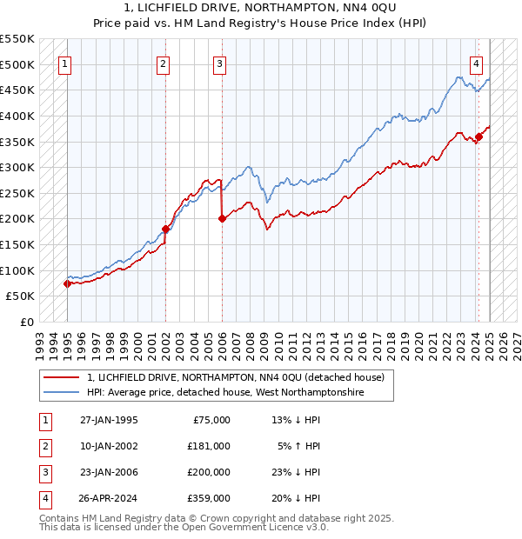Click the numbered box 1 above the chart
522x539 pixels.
(x=65, y=63)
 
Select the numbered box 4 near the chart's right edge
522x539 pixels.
(x=477, y=63)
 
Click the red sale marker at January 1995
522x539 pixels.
(x=67, y=283)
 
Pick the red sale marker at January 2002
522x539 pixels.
(x=165, y=229)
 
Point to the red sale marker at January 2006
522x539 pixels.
(x=222, y=219)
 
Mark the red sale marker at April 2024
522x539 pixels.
(x=478, y=136)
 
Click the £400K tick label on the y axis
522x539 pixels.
(x=17, y=116)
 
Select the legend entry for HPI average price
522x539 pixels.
(x=225, y=393)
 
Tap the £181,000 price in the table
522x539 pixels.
(x=209, y=445)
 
